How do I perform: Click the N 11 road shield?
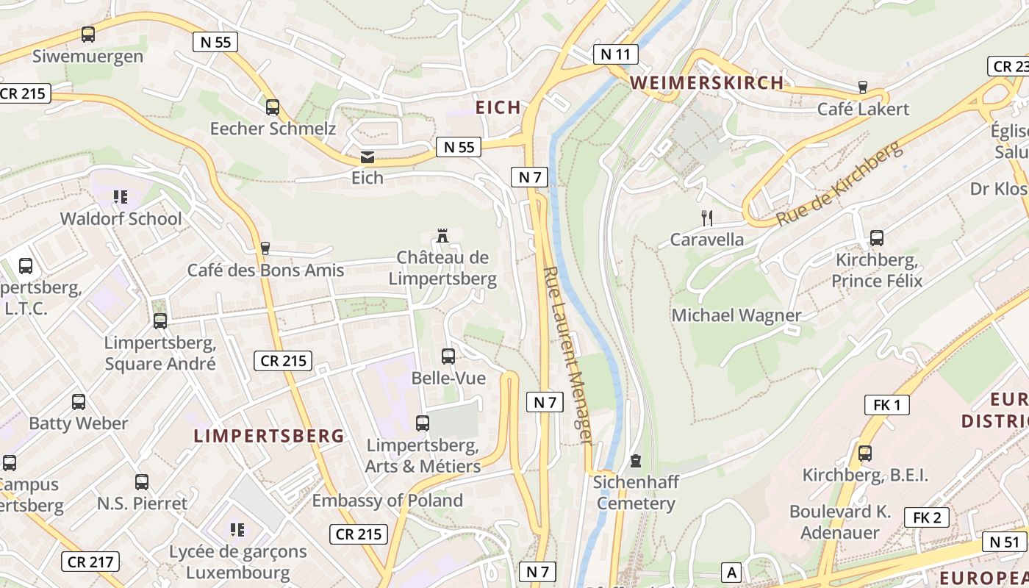tap(615, 54)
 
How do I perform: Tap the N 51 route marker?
tap(1004, 542)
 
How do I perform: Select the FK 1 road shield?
tap(887, 404)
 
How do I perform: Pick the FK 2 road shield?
tap(926, 517)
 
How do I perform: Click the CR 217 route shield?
tap(90, 562)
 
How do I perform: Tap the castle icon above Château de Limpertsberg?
tap(442, 236)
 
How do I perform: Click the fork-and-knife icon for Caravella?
tap(707, 218)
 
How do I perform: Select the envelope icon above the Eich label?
tap(367, 157)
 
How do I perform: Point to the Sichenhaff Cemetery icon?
tap(636, 461)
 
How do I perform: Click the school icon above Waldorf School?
tap(121, 197)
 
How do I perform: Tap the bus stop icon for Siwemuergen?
tap(88, 34)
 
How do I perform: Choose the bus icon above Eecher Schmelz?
tap(273, 107)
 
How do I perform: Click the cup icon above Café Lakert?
tap(863, 87)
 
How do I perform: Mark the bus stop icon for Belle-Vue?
tap(448, 356)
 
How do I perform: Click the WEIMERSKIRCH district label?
tap(706, 82)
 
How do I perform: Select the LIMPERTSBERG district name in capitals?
tap(269, 436)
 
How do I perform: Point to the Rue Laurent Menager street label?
tap(567, 355)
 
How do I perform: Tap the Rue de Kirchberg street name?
tap(839, 184)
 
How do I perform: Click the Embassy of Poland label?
tap(387, 501)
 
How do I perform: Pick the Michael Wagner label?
tap(736, 315)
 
